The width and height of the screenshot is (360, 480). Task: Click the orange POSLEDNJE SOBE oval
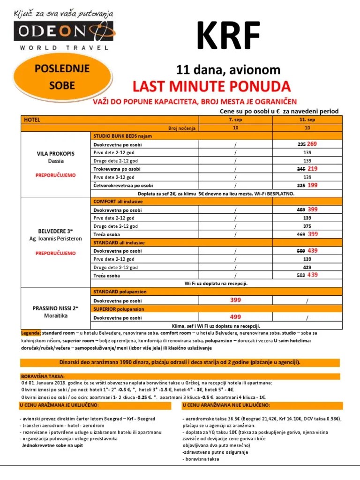pos(55,78)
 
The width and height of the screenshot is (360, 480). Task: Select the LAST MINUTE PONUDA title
pos(211,86)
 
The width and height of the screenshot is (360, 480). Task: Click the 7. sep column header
pos(236,120)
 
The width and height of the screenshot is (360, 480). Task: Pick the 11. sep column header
pos(307,120)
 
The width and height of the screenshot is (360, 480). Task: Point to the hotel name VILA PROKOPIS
pos(55,154)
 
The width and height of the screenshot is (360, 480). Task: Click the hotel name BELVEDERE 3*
pos(55,231)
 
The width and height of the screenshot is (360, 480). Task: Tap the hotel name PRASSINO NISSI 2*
pos(55,308)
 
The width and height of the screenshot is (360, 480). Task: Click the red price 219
pos(313,168)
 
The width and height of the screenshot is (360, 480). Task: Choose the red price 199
pos(313,185)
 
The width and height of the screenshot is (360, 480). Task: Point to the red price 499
pos(236,317)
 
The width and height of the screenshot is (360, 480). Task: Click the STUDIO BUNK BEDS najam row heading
pos(123,136)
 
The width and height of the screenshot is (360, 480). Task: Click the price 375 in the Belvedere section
pos(307,226)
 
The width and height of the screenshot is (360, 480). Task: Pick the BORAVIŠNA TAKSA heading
pos(43,376)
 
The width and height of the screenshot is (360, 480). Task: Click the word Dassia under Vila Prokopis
pos(55,161)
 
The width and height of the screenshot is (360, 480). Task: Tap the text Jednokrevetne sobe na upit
pos(52,445)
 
